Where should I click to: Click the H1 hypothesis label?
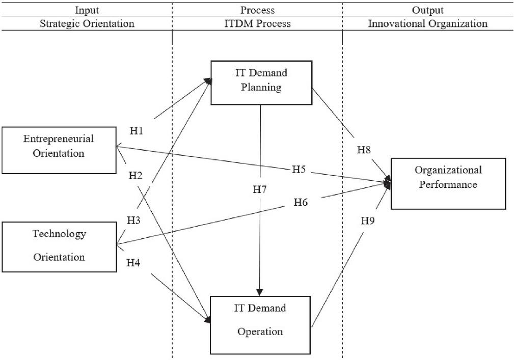tap(137, 131)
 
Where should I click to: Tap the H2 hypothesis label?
tap(136, 176)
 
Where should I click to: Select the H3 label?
tap(134, 220)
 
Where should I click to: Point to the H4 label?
tap(133, 263)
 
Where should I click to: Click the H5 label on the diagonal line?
tap(299, 170)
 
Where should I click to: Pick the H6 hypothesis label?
tap(301, 203)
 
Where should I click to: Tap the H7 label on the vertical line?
tap(260, 189)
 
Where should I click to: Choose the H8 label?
tap(364, 150)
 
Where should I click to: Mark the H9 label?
tap(368, 221)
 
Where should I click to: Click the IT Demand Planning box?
tap(261, 83)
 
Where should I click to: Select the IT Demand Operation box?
tap(260, 325)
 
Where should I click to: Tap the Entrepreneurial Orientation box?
tap(59, 150)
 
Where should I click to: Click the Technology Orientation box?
tap(59, 247)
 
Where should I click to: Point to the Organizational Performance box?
tap(448, 184)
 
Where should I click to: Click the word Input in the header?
tap(87, 10)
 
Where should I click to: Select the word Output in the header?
tap(427, 10)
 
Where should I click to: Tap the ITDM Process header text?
tap(257, 23)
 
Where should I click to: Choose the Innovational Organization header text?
tap(427, 23)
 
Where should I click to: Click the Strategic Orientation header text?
tap(87, 23)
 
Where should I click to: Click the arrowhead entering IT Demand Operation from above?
tap(260, 292)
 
